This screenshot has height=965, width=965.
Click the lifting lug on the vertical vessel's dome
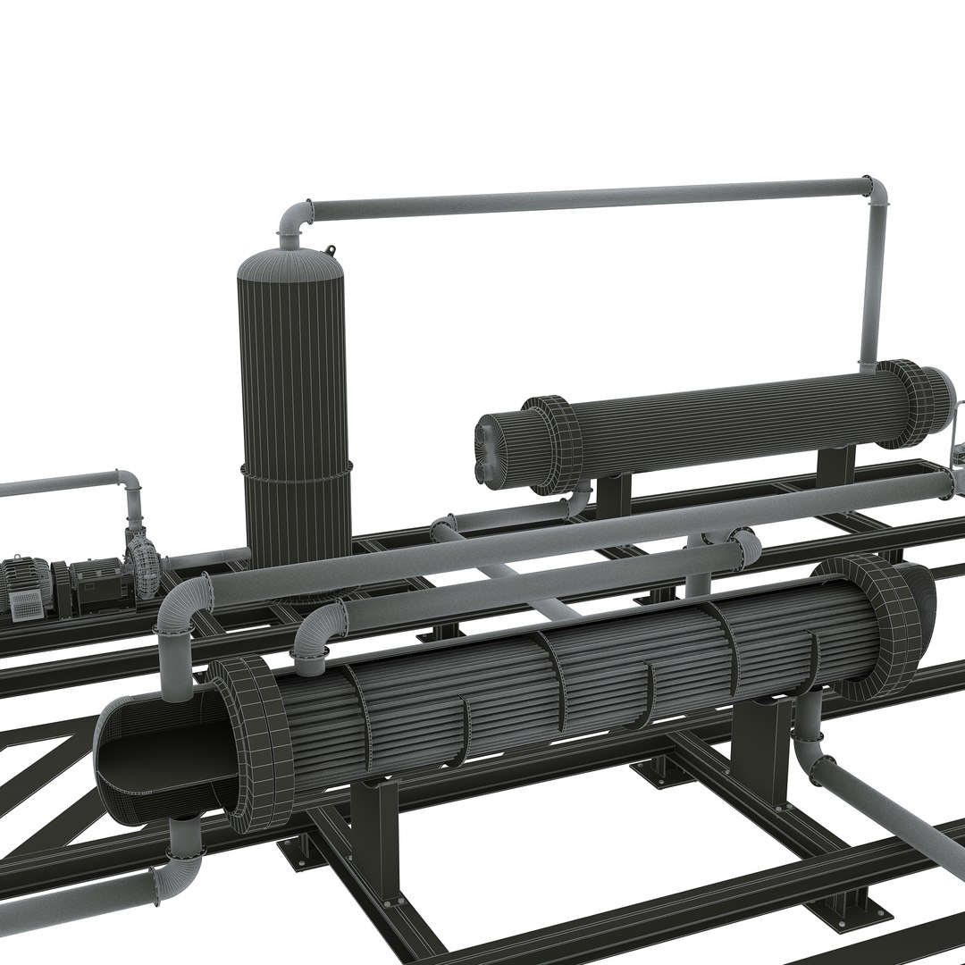point(331,251)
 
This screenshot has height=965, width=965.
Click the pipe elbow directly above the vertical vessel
point(295,219)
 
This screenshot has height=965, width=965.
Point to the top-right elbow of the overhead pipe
point(877,192)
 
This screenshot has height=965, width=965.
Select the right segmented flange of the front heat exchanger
point(880,625)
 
